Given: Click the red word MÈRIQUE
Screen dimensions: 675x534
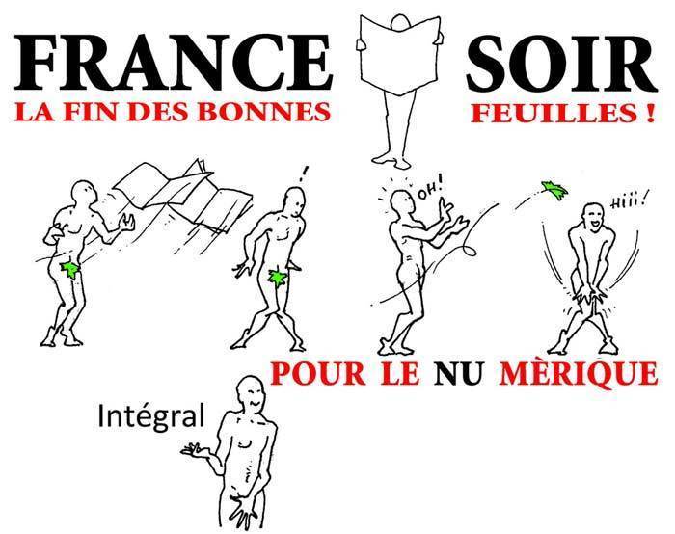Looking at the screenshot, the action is click(579, 373).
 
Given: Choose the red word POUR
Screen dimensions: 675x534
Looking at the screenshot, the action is click(317, 373).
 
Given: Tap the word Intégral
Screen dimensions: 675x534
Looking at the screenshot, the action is click(151, 415).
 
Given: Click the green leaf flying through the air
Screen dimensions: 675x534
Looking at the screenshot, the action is click(554, 190).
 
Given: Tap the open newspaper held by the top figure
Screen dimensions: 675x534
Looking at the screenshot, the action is click(397, 55).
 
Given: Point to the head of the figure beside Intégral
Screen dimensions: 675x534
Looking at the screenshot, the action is click(251, 392).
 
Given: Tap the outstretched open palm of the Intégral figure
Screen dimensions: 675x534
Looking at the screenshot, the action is click(196, 450).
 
